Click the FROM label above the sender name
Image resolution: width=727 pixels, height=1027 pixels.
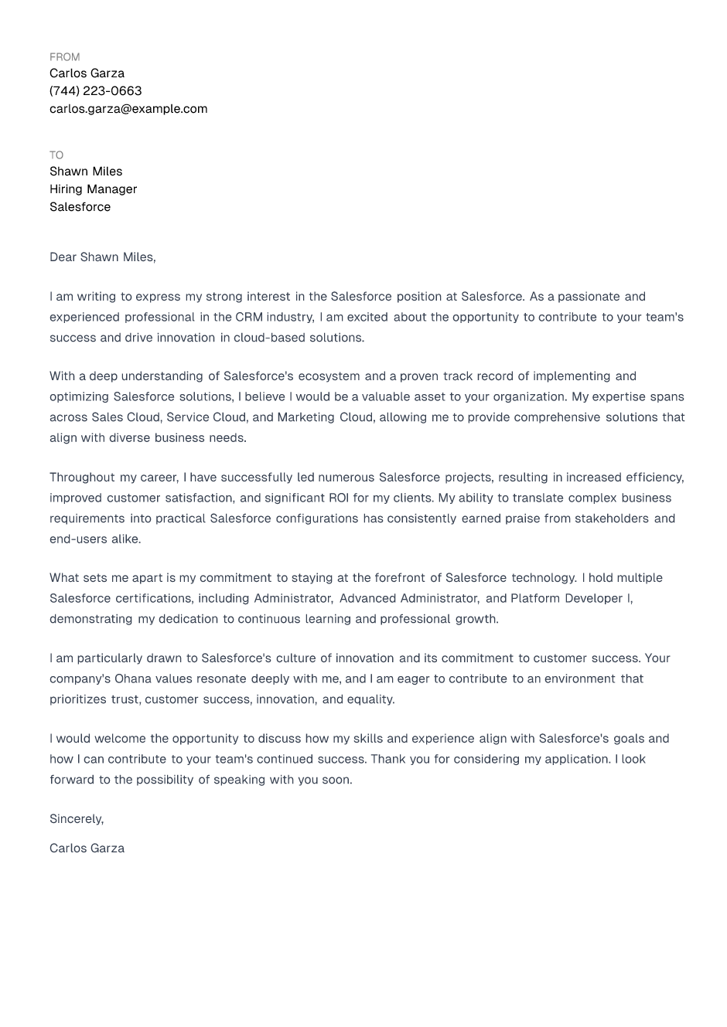click(64, 57)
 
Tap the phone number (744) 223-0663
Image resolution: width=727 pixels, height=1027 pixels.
click(95, 91)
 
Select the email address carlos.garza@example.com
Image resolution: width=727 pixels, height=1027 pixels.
click(128, 109)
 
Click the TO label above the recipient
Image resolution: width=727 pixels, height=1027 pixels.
click(56, 155)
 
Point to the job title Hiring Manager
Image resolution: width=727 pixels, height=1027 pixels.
click(93, 189)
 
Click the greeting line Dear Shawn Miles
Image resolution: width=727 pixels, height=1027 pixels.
click(102, 257)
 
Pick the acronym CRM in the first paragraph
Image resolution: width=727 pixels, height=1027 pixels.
click(249, 317)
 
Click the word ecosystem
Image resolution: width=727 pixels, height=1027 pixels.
click(329, 376)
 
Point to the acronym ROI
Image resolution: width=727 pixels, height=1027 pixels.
click(339, 498)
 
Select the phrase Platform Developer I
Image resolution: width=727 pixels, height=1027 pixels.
click(571, 599)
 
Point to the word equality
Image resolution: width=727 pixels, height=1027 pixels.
click(370, 699)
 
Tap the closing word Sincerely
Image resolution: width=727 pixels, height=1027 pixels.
click(76, 819)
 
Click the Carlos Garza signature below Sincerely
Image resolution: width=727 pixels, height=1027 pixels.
click(87, 848)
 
